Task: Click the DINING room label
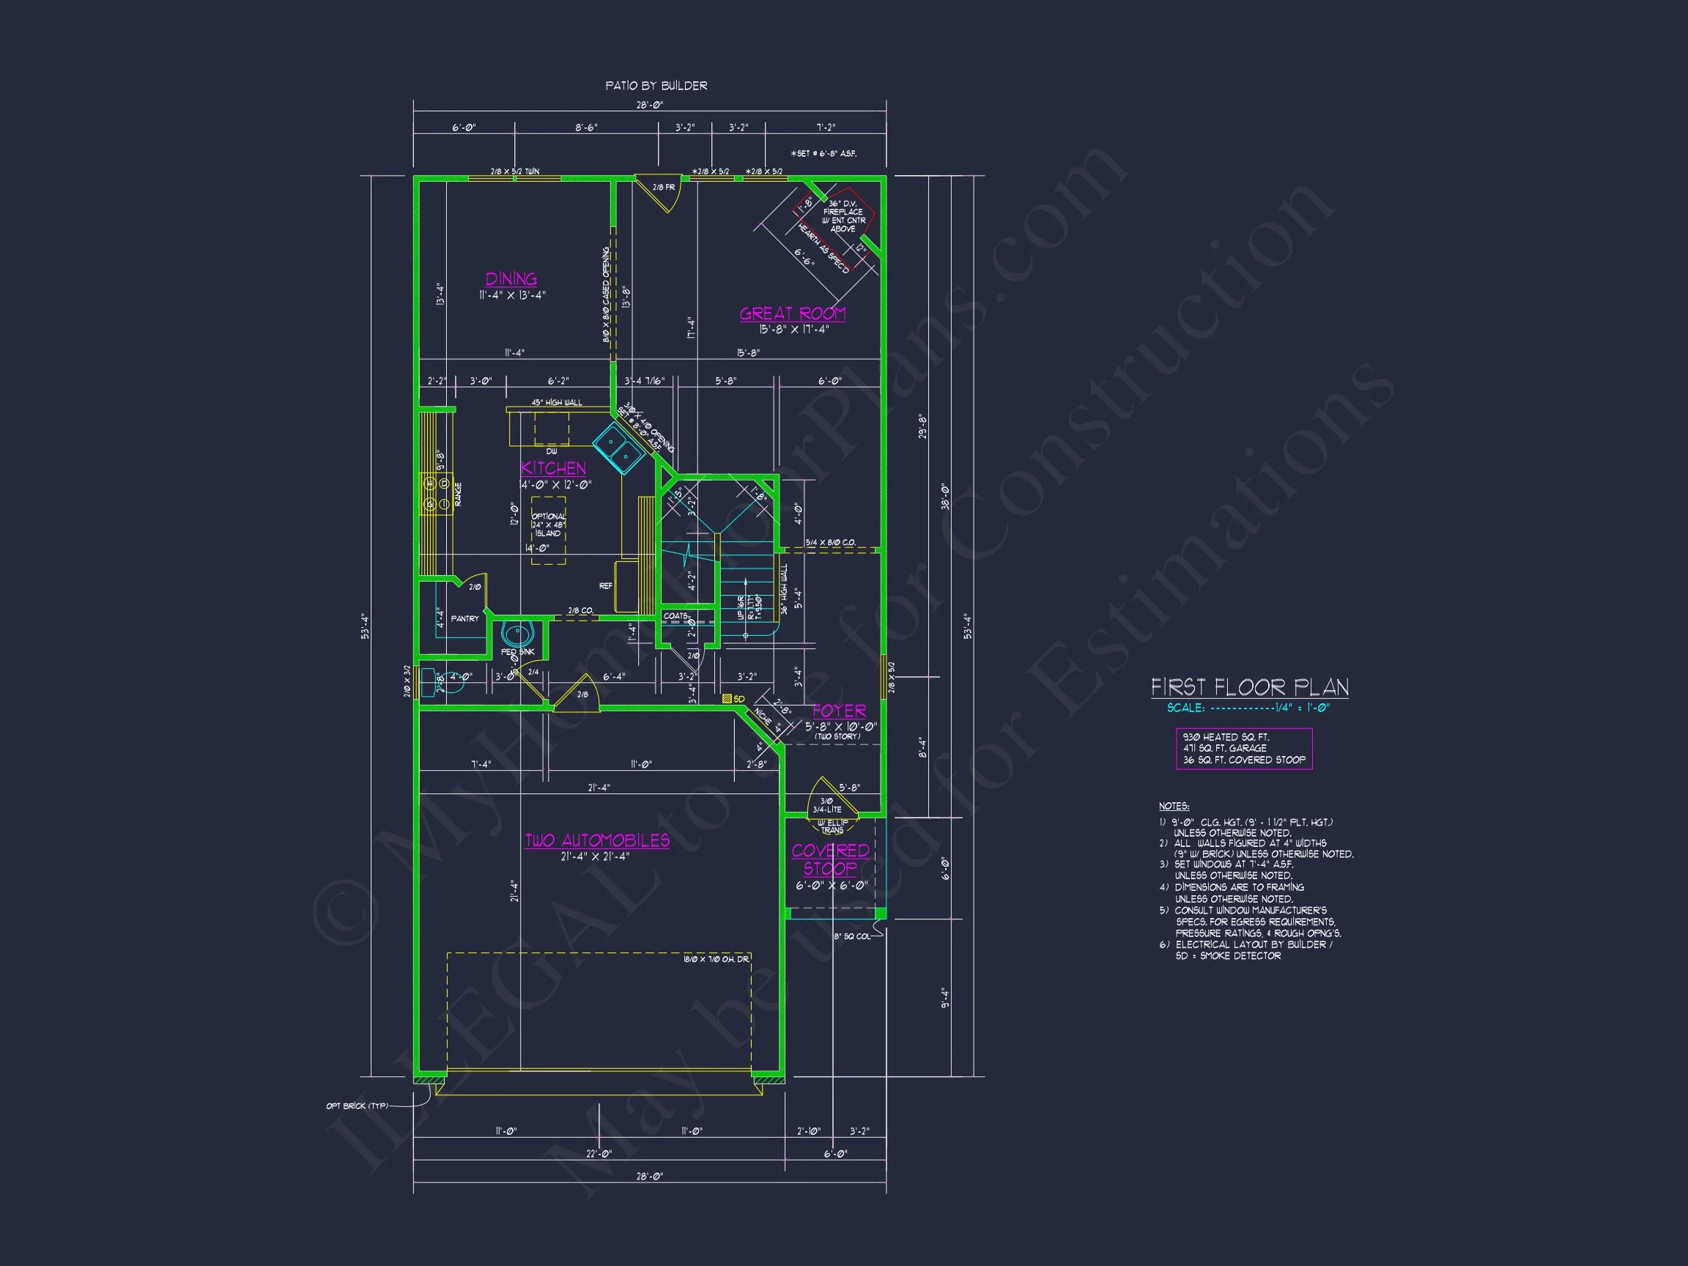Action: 511,279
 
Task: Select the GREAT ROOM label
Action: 792,314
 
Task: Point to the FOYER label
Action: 839,711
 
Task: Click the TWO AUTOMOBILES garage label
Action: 597,841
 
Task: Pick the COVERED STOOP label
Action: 830,859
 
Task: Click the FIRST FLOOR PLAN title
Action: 1249,687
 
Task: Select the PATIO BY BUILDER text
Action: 656,86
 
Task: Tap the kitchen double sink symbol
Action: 618,449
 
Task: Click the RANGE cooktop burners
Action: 437,493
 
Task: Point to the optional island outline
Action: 548,530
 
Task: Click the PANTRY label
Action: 464,619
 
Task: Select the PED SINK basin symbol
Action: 517,635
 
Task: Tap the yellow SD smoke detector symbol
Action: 728,699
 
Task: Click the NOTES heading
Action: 1174,806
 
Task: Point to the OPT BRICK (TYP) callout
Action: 357,1106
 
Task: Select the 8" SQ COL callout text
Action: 851,936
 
